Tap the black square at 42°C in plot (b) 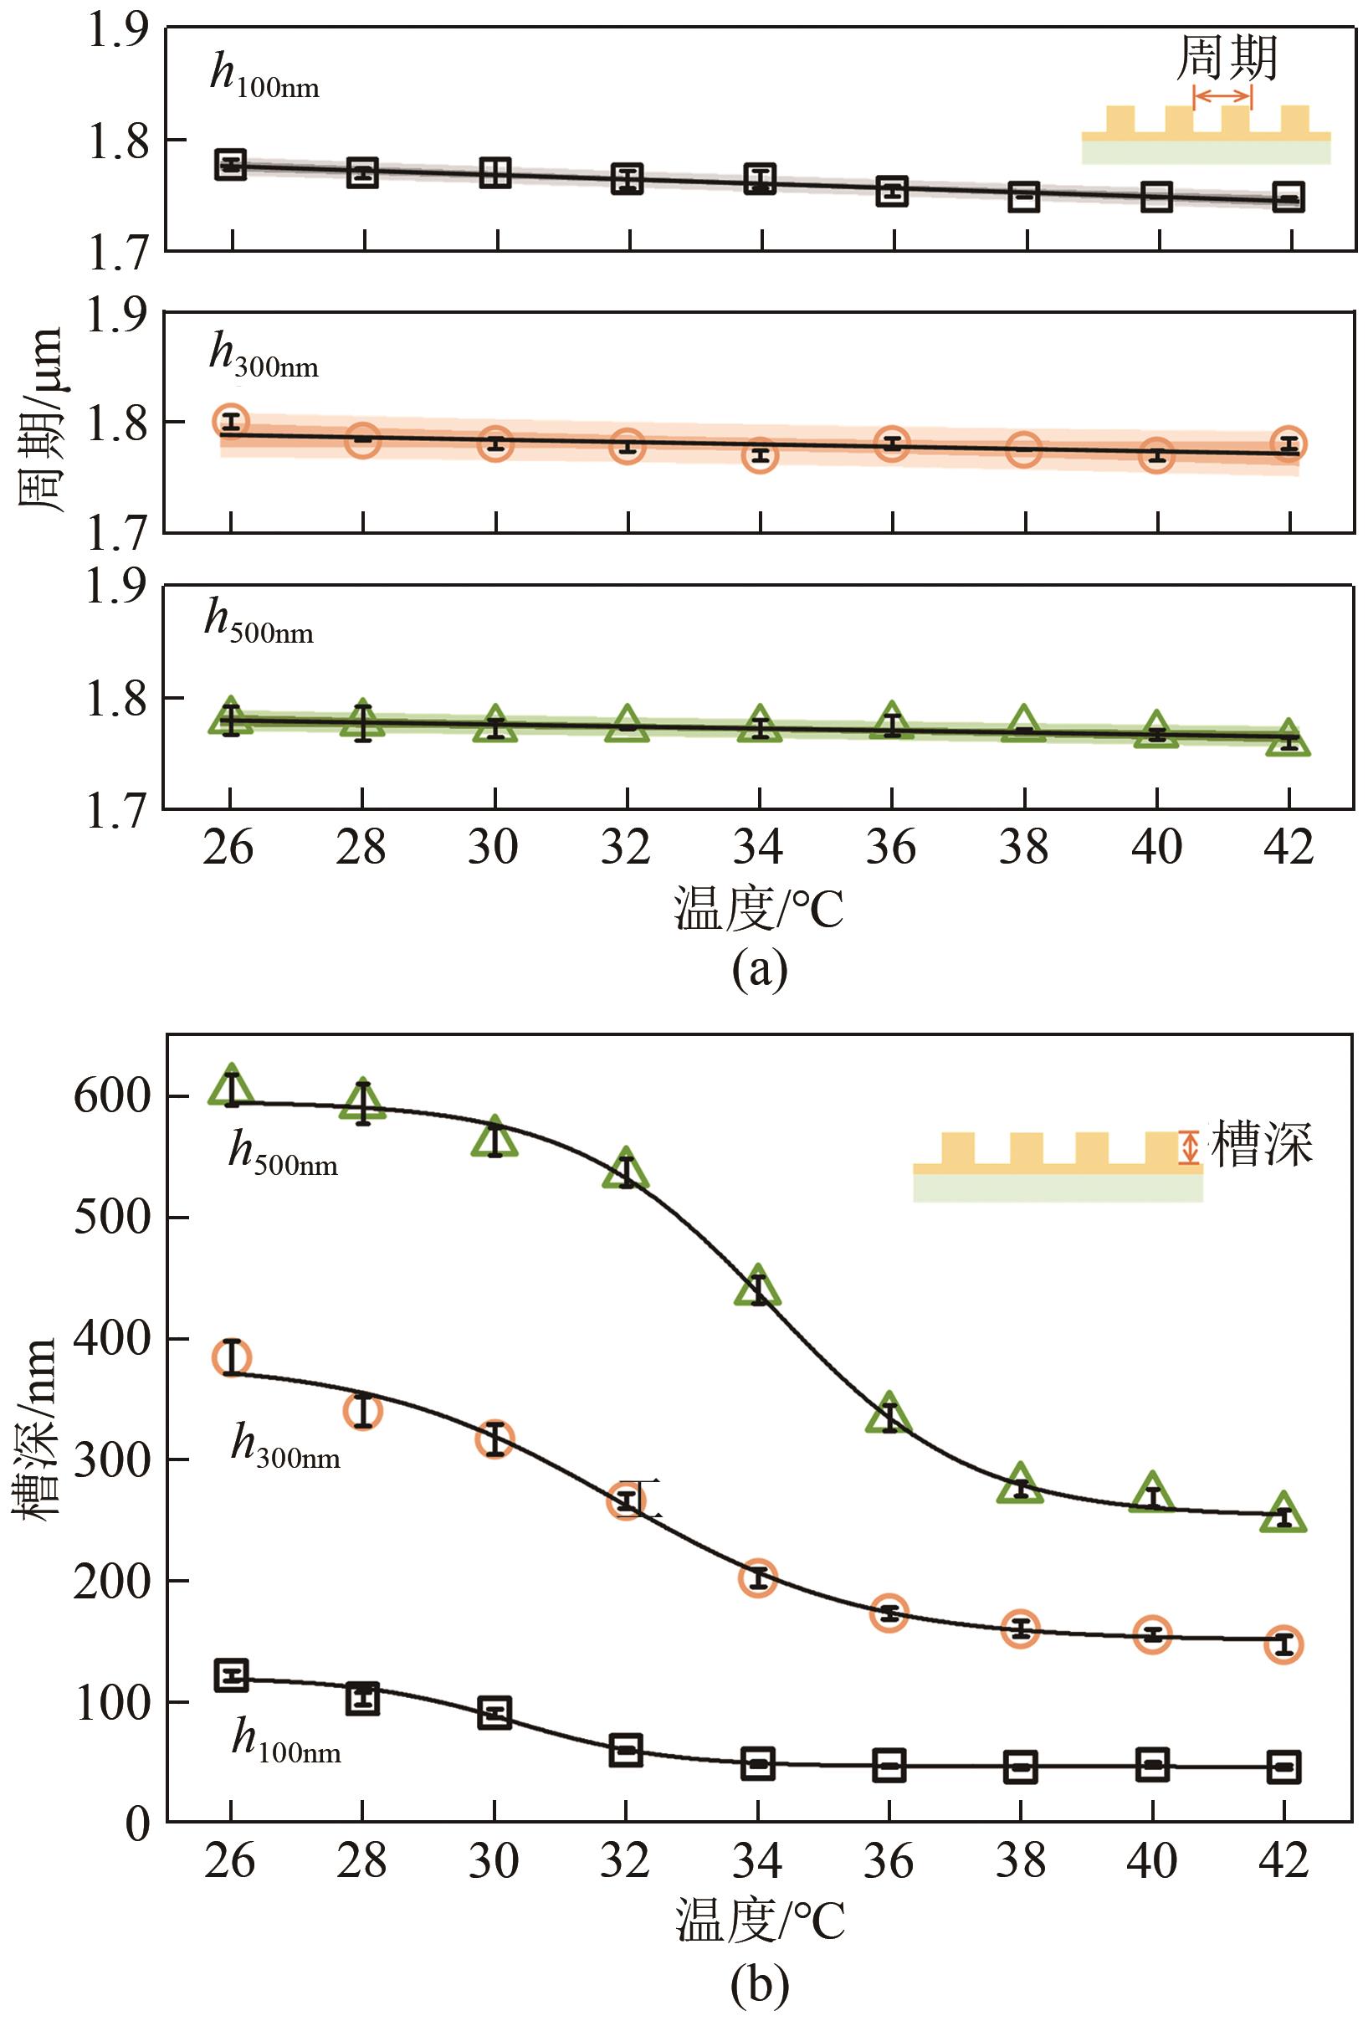[1284, 1767]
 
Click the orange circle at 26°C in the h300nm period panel [230, 422]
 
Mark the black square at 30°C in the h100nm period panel [494, 172]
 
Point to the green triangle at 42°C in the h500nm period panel [1288, 739]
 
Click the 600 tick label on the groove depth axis [113, 1096]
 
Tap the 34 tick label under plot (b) [757, 1862]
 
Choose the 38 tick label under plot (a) [1023, 847]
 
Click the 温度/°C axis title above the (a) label [759, 910]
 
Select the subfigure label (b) [760, 1984]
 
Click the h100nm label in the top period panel [264, 75]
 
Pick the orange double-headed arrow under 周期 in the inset [1222, 95]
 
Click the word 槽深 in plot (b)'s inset [1261, 1146]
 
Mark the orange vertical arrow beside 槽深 [1189, 1147]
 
